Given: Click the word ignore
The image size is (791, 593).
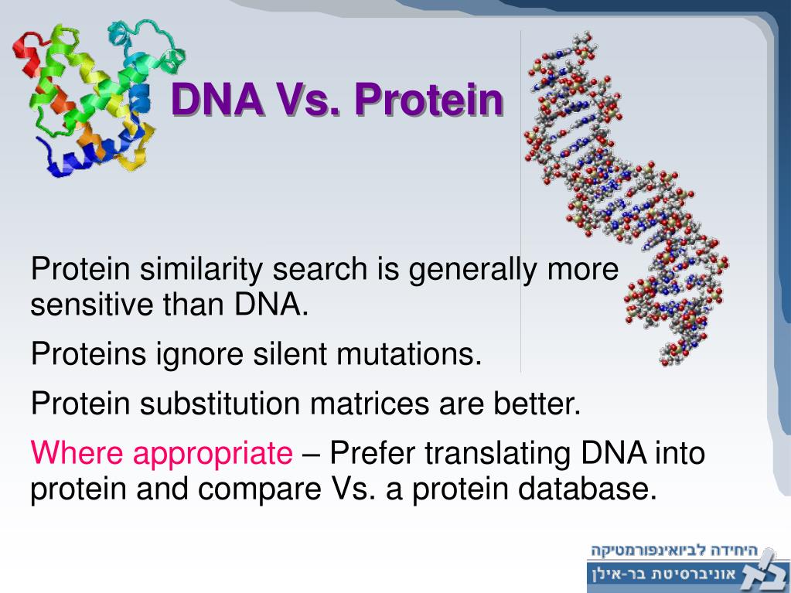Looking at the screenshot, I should coord(204,355).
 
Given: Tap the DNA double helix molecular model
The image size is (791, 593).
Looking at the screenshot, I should coord(619,193).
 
